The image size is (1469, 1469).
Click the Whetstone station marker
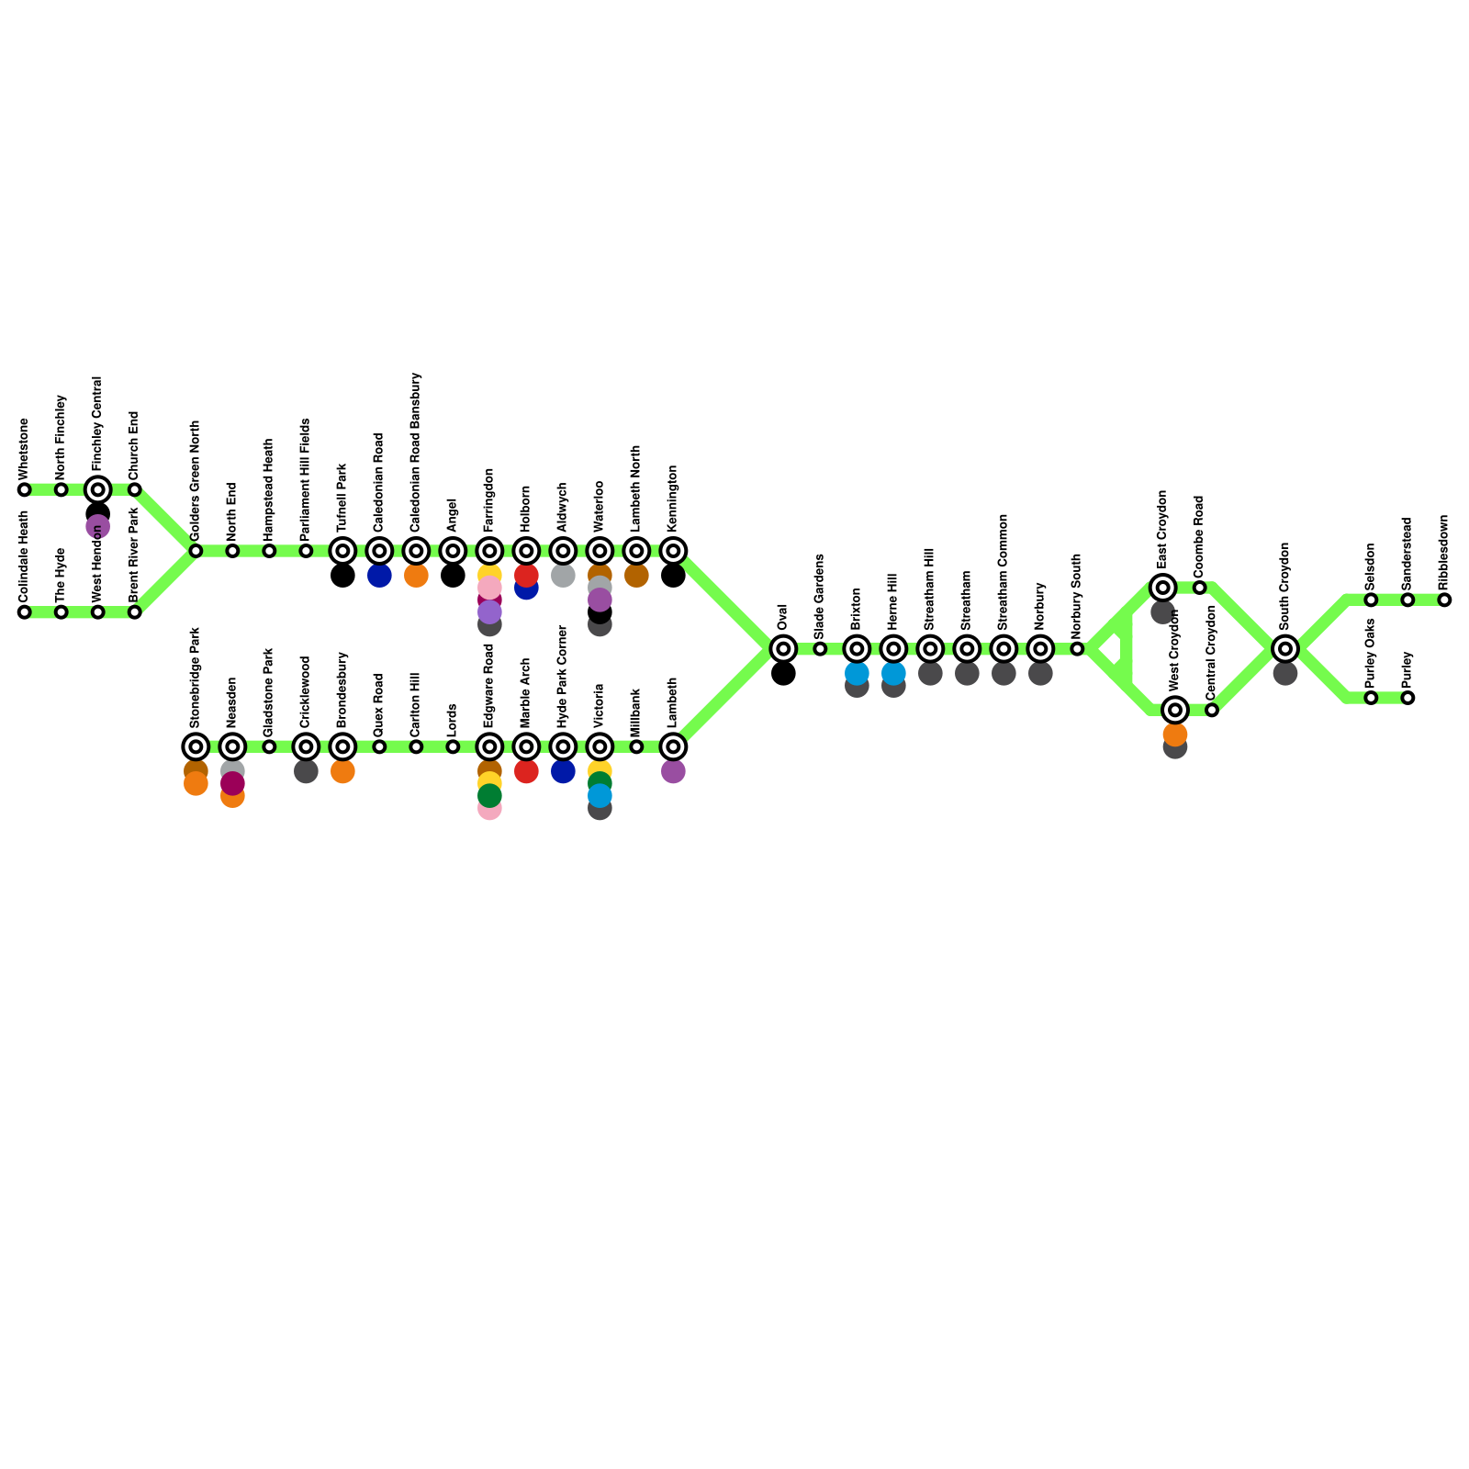pos(25,489)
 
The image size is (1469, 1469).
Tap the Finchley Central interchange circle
pos(98,489)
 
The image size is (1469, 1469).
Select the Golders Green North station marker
pos(196,551)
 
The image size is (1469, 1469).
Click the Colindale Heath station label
pos(25,556)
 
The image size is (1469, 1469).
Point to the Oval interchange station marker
pos(783,649)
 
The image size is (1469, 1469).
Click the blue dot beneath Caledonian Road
pos(379,576)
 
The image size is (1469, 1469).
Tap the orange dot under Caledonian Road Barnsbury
pos(416,576)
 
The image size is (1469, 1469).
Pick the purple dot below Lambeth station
pos(673,771)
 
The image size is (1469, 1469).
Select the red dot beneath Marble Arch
pos(526,771)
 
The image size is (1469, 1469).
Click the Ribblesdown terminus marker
pos(1444,600)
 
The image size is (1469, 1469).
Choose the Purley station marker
pos(1407,698)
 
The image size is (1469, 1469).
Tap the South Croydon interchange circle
pos(1285,649)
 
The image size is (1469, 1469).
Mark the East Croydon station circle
pos(1163,588)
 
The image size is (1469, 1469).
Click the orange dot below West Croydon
pos(1175,734)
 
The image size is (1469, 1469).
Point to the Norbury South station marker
pos(1077,649)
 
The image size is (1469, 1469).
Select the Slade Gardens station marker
pos(820,649)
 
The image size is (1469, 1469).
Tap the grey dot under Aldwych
pos(563,576)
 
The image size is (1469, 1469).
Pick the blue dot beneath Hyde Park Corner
pos(563,771)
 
